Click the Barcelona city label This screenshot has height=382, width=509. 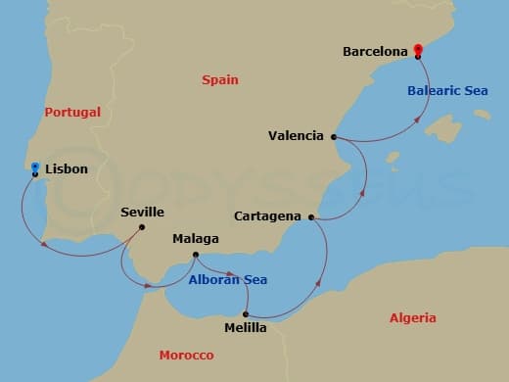pyautogui.click(x=374, y=51)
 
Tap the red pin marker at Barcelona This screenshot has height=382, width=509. pyautogui.click(x=418, y=50)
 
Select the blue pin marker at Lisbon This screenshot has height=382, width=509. pyautogui.click(x=35, y=167)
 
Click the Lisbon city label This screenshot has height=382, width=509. pyautogui.click(x=67, y=169)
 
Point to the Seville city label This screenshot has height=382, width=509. pyautogui.click(x=142, y=212)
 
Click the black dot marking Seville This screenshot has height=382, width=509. pyautogui.click(x=142, y=228)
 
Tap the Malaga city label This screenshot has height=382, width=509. pyautogui.click(x=195, y=238)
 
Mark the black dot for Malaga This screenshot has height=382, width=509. pyautogui.click(x=196, y=256)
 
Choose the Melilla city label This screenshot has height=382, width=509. pyautogui.click(x=245, y=328)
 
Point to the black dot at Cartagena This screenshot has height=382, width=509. pyautogui.click(x=311, y=217)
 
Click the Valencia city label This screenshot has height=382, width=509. pyautogui.click(x=296, y=136)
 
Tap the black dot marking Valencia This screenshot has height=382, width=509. pyautogui.click(x=334, y=137)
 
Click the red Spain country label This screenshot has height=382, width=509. pyautogui.click(x=220, y=79)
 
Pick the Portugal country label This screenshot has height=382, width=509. pyautogui.click(x=72, y=113)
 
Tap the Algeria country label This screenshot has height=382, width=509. pyautogui.click(x=413, y=318)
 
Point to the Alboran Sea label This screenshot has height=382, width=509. pyautogui.click(x=228, y=279)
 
